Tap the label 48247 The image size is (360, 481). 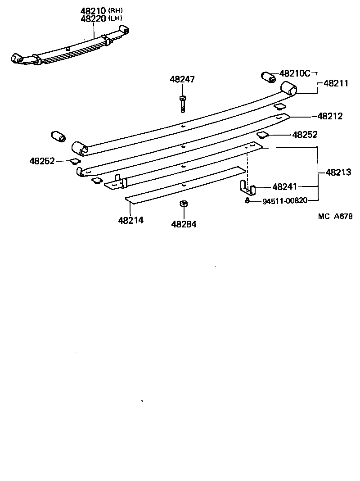[182, 79]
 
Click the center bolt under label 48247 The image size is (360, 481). [182, 104]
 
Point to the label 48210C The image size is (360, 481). [295, 73]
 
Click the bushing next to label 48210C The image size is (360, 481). [269, 77]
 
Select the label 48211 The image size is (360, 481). [336, 83]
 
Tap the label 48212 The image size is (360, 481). [330, 116]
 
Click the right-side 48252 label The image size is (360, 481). [305, 135]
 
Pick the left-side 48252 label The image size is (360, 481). [42, 161]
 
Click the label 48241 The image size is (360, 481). [285, 186]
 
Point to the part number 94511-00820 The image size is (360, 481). [284, 201]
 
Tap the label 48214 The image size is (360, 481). [131, 220]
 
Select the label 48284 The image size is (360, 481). [184, 223]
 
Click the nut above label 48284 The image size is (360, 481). [183, 204]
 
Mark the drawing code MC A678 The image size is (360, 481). [335, 216]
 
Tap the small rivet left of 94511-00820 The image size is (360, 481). [247, 200]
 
